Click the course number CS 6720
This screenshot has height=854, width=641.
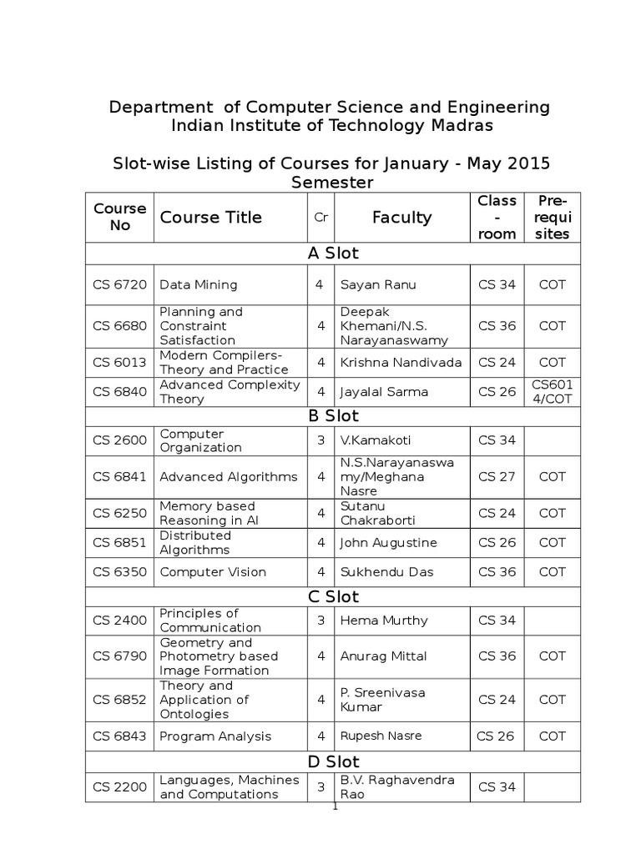coord(119,284)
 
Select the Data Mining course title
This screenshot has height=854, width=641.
coord(199,284)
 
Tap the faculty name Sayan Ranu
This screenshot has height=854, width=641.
coord(372,284)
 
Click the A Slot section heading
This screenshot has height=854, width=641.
coord(333,254)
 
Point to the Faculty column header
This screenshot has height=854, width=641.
coord(401,218)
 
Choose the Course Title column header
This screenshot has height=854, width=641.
coord(210,218)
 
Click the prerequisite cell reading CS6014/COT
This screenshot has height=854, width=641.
coord(552,391)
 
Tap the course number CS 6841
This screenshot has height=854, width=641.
coord(119,477)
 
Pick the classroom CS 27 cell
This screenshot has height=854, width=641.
coord(497,477)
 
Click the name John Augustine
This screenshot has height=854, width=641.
coord(388,543)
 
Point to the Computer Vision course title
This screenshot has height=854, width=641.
coord(213,572)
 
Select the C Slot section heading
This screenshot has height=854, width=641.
coord(333,597)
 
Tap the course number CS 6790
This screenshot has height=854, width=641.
coord(119,656)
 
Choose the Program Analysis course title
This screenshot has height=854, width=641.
coord(215,736)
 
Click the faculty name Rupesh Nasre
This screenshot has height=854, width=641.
coord(381,736)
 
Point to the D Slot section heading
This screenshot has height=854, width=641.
coord(333,762)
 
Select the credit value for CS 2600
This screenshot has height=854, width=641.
coord(320,440)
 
